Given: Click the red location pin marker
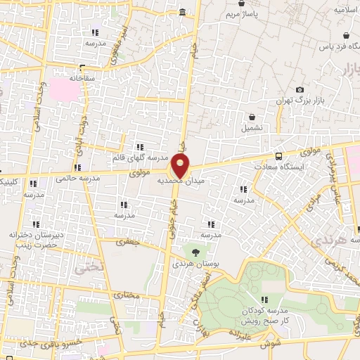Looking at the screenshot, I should (181, 166).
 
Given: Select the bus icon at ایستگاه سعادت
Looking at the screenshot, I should (280, 156).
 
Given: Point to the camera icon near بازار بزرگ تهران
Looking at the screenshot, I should (300, 90).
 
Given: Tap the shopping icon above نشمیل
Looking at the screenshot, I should (251, 117).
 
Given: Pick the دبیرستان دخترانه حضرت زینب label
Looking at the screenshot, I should (32, 238).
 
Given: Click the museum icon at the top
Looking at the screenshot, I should (183, 12).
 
